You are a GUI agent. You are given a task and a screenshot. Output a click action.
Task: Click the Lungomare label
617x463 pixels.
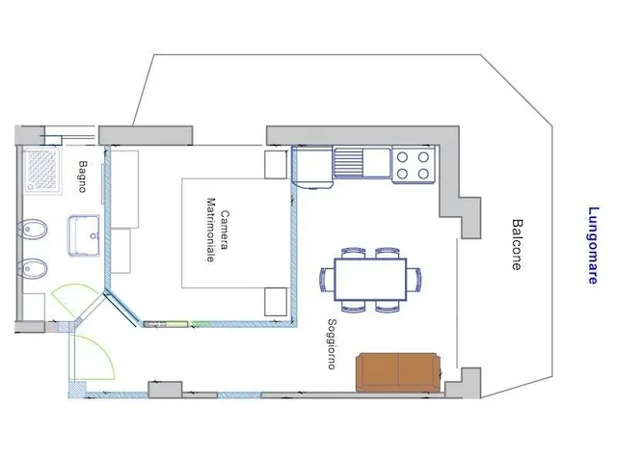pyautogui.click(x=593, y=245)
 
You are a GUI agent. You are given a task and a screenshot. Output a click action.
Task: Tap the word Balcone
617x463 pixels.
pyautogui.click(x=517, y=244)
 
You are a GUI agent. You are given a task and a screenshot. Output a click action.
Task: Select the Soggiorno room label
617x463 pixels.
pyautogui.click(x=332, y=344)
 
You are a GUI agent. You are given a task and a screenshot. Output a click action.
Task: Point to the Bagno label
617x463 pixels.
pyautogui.click(x=82, y=177)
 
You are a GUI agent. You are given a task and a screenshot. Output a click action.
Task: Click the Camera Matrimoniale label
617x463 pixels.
pyautogui.click(x=218, y=231)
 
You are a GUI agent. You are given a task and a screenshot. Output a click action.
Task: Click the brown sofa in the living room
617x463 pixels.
pyautogui.click(x=398, y=372)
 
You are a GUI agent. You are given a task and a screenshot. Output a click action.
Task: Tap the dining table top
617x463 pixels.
pyautogui.click(x=370, y=279)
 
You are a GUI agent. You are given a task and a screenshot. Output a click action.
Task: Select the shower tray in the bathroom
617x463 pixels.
pyautogui.click(x=42, y=170)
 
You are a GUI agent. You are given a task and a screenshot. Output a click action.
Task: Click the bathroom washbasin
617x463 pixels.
pyautogui.click(x=84, y=235)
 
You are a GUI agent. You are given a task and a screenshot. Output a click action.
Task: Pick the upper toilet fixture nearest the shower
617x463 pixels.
pyautogui.click(x=32, y=229)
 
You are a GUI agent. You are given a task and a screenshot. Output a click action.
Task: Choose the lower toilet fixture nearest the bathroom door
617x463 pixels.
pyautogui.click(x=32, y=269)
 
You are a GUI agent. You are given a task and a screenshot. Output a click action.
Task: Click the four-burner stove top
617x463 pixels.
pyautogui.click(x=414, y=165)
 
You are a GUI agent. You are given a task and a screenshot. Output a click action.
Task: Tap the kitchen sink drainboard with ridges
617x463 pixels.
pyautogui.click(x=348, y=162)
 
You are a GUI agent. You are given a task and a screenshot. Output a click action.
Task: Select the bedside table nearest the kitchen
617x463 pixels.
pyautogui.click(x=276, y=165)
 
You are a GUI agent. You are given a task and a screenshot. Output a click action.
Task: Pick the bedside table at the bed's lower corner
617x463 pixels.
pyautogui.click(x=276, y=302)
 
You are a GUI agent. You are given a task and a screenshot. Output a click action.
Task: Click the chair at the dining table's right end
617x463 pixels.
pyautogui.click(x=414, y=279)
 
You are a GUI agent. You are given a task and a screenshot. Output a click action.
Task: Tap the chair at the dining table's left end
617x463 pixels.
pyautogui.click(x=327, y=279)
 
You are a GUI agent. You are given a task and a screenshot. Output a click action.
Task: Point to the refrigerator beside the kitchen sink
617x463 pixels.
pyautogui.click(x=312, y=167)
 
